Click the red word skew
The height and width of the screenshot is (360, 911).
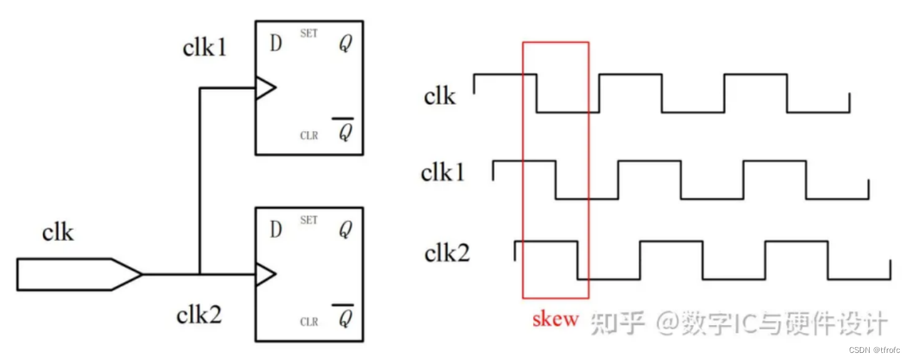[555, 319]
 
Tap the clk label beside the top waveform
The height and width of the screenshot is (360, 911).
[439, 95]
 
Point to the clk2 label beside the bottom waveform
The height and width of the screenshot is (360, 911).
[447, 253]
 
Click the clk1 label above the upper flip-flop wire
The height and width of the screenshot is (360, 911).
[205, 48]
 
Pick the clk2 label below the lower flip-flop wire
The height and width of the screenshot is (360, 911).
[199, 314]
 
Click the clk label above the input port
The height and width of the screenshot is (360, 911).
[58, 233]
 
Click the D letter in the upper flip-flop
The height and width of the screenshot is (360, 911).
[276, 43]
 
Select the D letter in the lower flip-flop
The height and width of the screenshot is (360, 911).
[276, 230]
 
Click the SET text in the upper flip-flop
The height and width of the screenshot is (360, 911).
[309, 33]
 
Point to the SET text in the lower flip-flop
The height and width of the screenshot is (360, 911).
[309, 221]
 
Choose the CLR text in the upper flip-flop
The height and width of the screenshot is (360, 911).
[309, 136]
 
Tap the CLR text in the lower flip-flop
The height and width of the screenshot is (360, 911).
[309, 322]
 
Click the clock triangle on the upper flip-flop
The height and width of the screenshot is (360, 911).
[265, 88]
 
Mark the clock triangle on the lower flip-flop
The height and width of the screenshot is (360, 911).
[265, 274]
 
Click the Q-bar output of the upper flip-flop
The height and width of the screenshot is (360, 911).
[344, 131]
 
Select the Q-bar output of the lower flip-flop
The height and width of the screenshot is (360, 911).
[344, 317]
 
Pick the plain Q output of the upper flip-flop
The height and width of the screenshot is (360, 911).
[344, 44]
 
